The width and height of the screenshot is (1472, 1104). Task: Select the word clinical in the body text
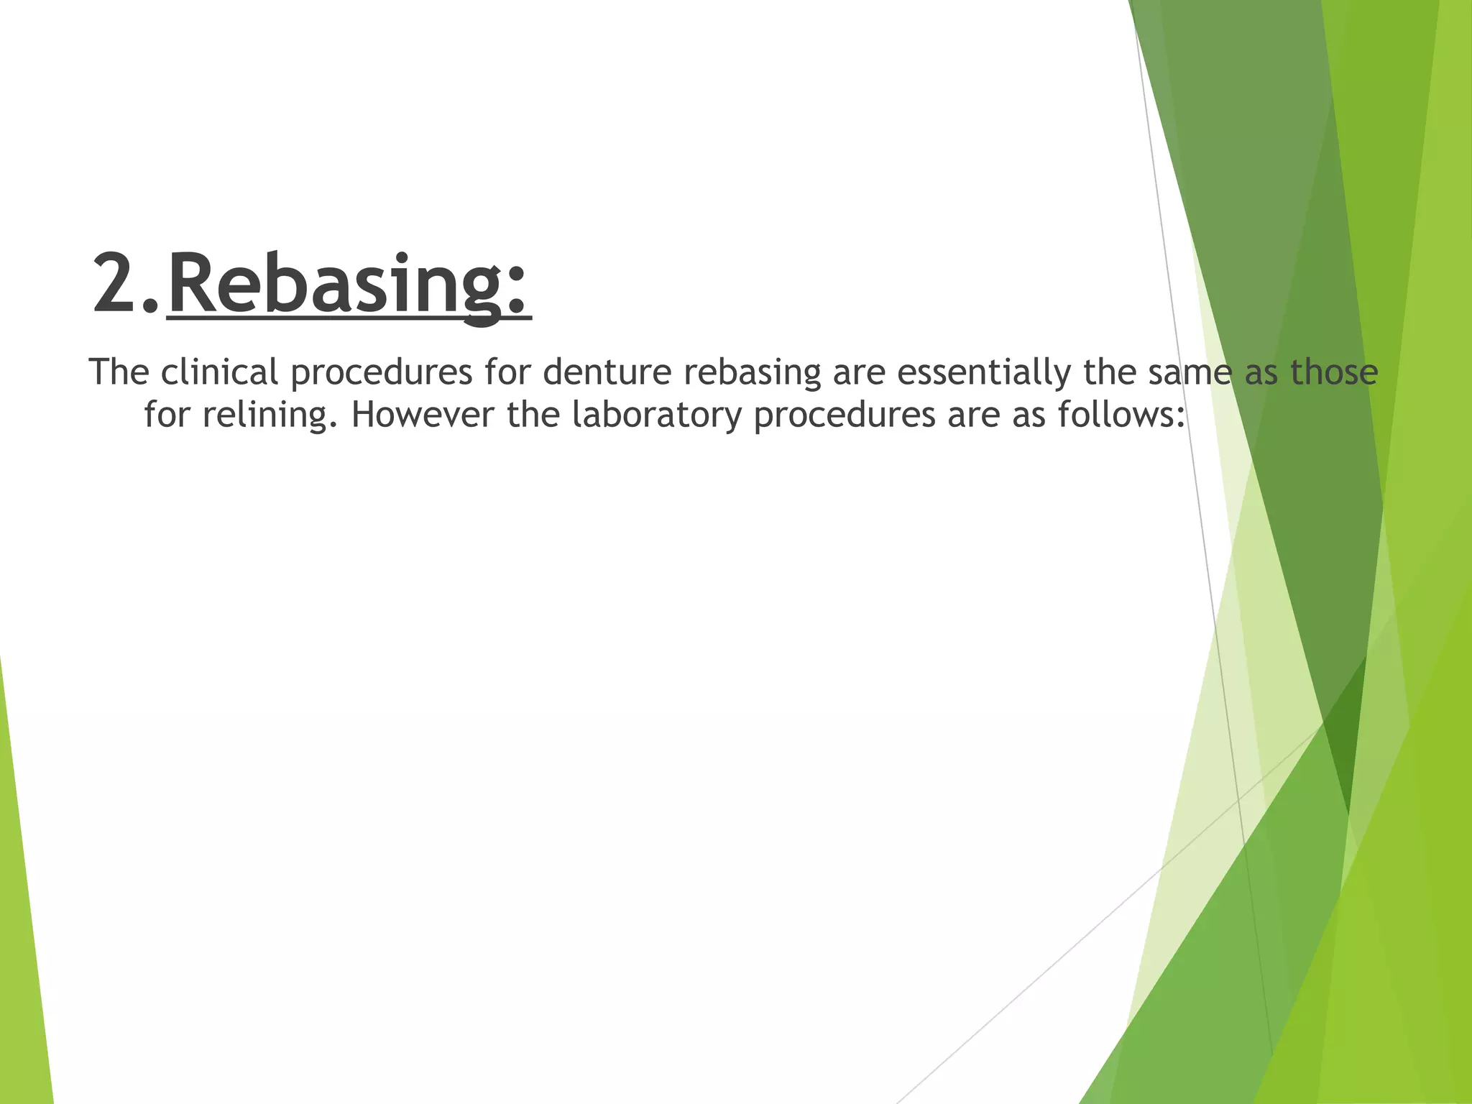point(219,372)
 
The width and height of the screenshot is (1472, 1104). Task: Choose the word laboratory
point(656,416)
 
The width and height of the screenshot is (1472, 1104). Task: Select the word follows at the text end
point(1121,415)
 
